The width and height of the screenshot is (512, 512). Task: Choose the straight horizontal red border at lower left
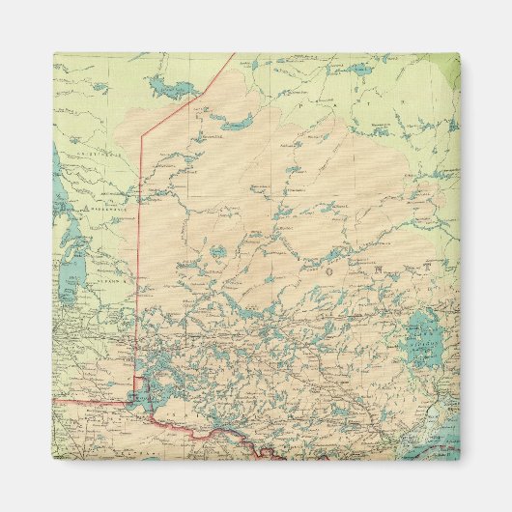click(92, 397)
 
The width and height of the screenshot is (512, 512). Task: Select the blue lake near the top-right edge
click(358, 70)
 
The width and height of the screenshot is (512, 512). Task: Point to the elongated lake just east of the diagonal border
click(236, 124)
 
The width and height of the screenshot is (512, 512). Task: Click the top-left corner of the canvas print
click(53, 53)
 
